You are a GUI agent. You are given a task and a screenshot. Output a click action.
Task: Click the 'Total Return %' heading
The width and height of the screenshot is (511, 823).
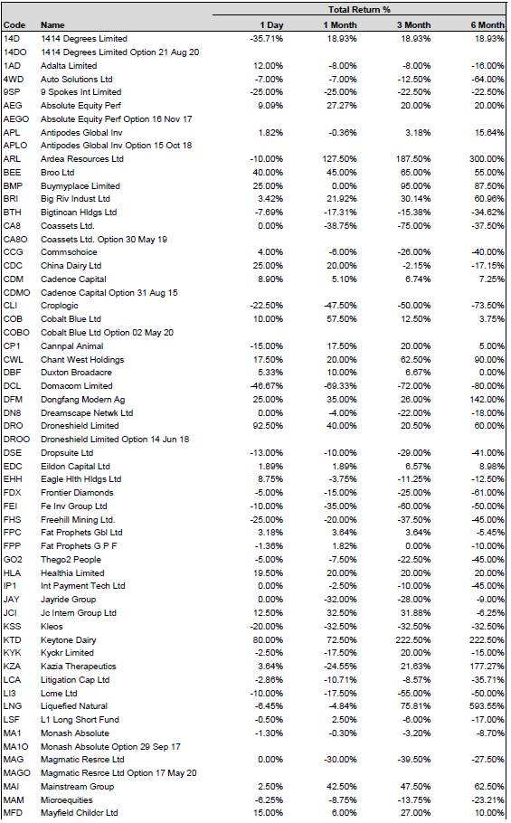[359, 9]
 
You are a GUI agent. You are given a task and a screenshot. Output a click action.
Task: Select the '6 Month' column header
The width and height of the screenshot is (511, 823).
[487, 24]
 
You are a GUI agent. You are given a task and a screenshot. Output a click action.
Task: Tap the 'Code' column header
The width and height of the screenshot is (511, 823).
[14, 24]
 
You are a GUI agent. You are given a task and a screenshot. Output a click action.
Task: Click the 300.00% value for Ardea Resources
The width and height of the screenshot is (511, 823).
[487, 158]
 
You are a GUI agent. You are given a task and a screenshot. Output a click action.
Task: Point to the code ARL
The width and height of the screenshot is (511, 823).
[12, 158]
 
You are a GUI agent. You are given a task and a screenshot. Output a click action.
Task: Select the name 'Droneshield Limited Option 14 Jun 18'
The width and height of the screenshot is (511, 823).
[115, 439]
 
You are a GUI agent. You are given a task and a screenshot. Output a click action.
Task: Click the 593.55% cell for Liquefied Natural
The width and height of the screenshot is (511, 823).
[487, 706]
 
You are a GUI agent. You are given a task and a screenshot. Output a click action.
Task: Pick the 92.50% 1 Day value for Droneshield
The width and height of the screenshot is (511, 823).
[268, 426]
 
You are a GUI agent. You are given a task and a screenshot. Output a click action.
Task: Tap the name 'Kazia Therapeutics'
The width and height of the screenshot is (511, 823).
[79, 666]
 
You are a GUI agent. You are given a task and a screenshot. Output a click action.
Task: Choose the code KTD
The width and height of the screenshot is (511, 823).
[12, 639]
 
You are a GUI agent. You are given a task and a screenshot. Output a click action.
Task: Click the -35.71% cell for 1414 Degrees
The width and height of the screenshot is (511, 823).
[267, 38]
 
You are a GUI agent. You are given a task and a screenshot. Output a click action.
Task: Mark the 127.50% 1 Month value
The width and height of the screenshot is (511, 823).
[339, 158]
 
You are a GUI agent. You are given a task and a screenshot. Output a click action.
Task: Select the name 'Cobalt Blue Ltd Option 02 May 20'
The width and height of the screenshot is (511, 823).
[107, 332]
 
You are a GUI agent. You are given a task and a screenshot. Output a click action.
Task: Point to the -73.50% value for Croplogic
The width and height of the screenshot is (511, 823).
[487, 306]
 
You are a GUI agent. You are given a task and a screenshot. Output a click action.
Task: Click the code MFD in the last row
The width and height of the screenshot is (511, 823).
[13, 812]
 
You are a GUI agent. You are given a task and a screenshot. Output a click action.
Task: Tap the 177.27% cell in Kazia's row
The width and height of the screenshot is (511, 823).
[487, 666]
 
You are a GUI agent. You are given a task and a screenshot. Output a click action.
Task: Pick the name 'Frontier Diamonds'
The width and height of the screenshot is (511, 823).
[77, 492]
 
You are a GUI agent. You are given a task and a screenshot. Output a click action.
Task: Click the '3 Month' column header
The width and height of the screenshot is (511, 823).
[413, 24]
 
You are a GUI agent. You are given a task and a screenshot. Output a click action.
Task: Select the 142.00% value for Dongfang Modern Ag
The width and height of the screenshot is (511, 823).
[487, 400]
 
